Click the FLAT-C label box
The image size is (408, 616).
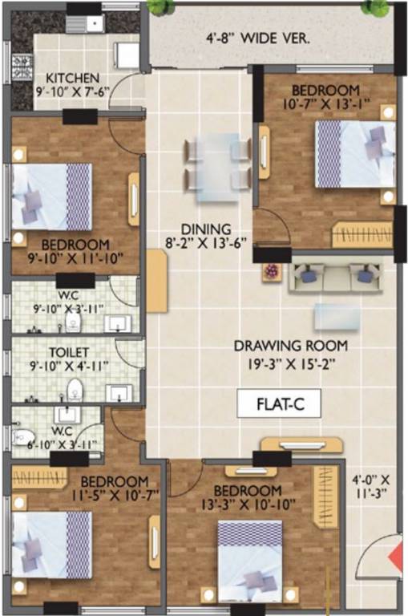279,403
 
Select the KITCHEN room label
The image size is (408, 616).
72,78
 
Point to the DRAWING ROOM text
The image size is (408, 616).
290,346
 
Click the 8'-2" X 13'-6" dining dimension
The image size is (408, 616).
205,243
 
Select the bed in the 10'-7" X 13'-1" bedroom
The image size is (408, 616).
354,153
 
